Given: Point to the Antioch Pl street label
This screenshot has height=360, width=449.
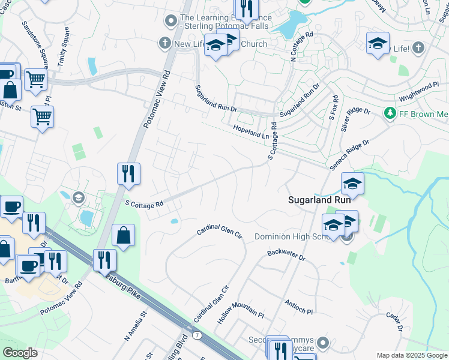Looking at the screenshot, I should click(299, 307).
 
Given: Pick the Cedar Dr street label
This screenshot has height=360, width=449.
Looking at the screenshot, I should click(394, 320).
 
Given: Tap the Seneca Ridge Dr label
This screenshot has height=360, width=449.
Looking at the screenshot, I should click(349, 154).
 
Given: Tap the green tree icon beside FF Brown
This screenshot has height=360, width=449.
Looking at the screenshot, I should click(390, 113).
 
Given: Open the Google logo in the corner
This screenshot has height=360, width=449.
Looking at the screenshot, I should click(20, 353).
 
